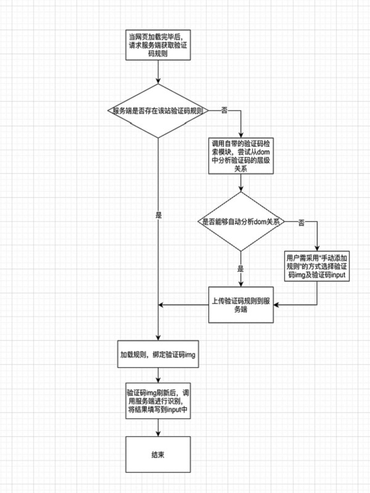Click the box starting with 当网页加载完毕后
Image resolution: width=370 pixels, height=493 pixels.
click(x=158, y=44)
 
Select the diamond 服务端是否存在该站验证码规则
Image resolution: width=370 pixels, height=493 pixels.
click(x=158, y=111)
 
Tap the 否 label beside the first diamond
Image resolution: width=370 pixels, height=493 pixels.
click(x=224, y=110)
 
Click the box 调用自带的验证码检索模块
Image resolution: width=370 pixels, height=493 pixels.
click(x=241, y=156)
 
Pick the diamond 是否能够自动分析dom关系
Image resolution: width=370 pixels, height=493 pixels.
click(x=241, y=221)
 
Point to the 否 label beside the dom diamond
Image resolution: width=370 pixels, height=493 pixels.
click(x=301, y=223)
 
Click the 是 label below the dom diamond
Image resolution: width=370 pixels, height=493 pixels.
click(x=240, y=269)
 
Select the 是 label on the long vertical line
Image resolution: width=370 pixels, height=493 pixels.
click(x=158, y=215)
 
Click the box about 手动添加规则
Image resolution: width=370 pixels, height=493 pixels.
click(x=317, y=266)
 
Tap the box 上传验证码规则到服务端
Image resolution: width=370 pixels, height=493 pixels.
click(x=241, y=304)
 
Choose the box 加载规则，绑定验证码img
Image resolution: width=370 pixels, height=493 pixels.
click(x=158, y=354)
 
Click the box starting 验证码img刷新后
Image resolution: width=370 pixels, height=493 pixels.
click(x=158, y=401)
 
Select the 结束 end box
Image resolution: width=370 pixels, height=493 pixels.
click(x=158, y=454)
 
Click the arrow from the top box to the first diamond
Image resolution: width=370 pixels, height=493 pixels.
click(x=158, y=72)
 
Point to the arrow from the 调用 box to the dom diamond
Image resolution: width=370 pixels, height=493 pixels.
click(x=241, y=182)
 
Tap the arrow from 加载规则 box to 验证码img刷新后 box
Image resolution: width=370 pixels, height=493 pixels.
click(x=158, y=375)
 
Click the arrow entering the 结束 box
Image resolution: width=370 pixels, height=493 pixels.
click(x=158, y=428)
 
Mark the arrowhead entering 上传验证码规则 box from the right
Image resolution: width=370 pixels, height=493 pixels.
click(x=276, y=304)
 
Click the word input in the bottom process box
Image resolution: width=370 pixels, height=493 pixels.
click(x=174, y=410)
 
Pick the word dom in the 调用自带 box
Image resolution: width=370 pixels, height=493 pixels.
click(x=263, y=152)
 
